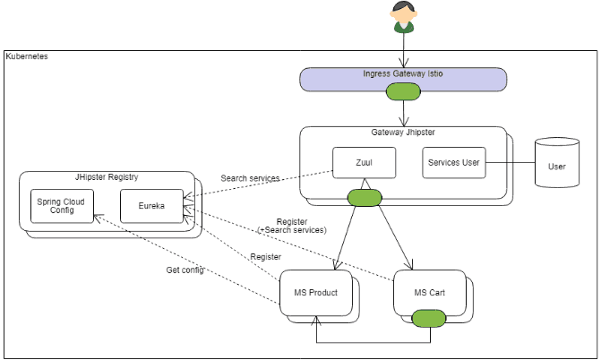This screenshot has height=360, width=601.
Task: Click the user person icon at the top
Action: coord(403,16)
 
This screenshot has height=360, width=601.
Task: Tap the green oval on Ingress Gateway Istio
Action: coord(403,90)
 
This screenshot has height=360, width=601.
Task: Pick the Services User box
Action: coord(453,162)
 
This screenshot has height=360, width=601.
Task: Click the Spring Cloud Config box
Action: coord(61,208)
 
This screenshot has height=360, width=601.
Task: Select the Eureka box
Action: coord(151,208)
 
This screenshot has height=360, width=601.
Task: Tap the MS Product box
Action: coord(313,292)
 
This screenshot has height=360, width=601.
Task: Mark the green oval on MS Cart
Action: coord(430,316)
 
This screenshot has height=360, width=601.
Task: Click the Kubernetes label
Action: coord(27,56)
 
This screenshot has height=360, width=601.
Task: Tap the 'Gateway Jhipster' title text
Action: coord(402,132)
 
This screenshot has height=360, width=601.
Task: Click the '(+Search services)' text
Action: coord(291,230)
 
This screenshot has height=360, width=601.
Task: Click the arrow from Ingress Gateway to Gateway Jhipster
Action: coord(404,112)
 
